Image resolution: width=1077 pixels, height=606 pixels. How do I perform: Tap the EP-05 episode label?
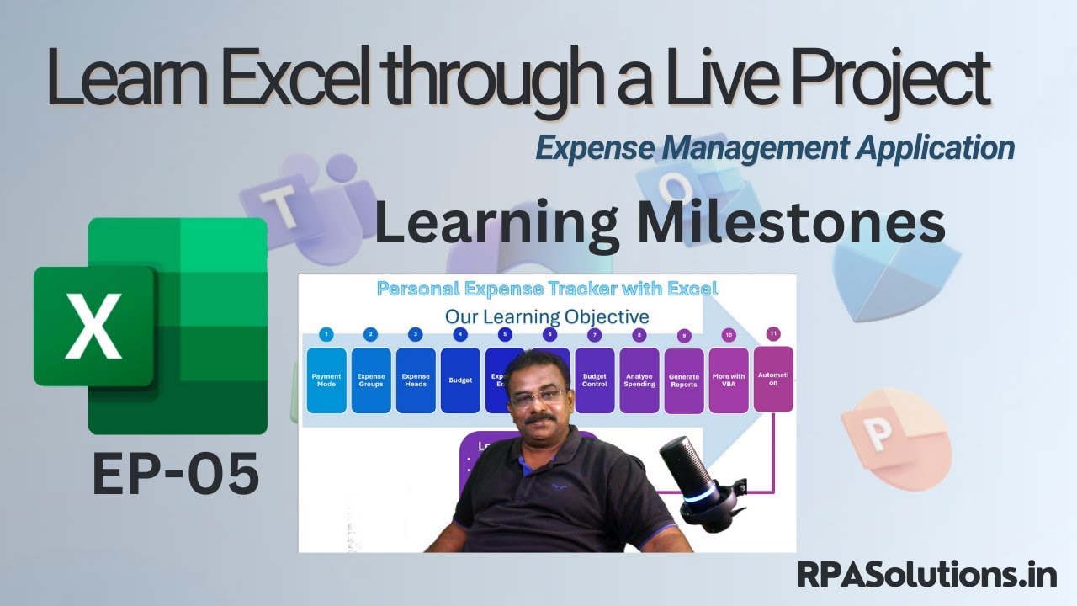(x=175, y=474)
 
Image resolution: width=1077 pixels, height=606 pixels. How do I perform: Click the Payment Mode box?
(x=326, y=380)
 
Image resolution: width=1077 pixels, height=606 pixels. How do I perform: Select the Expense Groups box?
(x=371, y=380)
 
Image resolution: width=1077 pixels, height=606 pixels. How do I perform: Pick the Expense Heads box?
(x=416, y=380)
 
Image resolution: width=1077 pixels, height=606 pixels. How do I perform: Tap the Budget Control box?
(x=594, y=380)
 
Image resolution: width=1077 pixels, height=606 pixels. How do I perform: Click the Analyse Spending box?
(x=639, y=380)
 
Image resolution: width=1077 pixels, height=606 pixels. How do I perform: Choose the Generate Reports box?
(x=684, y=380)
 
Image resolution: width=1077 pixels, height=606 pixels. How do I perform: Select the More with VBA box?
(x=729, y=380)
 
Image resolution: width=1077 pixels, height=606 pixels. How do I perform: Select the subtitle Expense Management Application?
(x=775, y=148)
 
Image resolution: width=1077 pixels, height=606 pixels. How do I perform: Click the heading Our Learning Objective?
(x=547, y=316)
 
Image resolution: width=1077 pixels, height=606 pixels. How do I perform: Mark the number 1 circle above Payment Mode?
(x=326, y=334)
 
